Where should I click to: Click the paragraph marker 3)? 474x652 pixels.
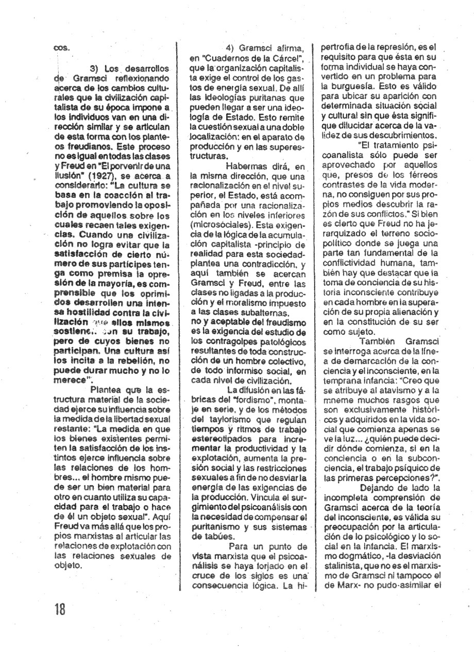(x=94, y=68)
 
